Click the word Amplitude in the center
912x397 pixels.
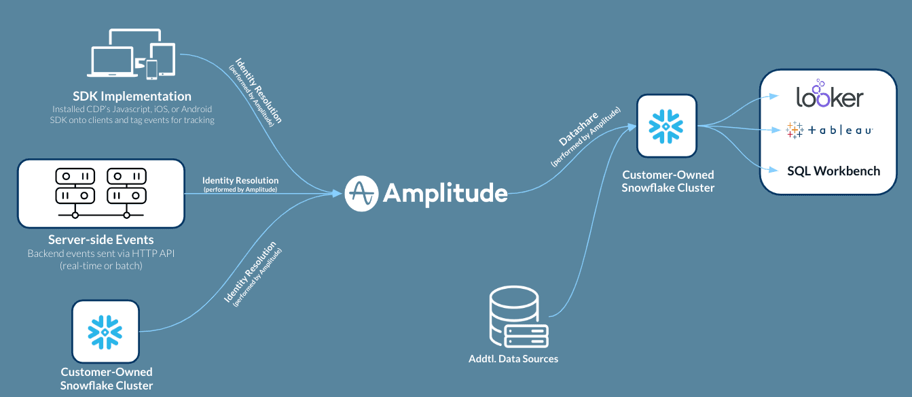click(445, 194)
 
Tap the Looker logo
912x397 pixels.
click(829, 96)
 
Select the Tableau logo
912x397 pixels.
click(829, 131)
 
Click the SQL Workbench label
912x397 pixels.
click(833, 171)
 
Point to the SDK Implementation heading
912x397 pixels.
click(132, 97)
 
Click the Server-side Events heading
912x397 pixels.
click(101, 240)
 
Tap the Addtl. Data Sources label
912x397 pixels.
click(513, 358)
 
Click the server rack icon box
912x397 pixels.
click(101, 193)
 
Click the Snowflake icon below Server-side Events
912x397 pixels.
click(105, 331)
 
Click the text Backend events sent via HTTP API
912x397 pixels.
click(101, 254)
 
